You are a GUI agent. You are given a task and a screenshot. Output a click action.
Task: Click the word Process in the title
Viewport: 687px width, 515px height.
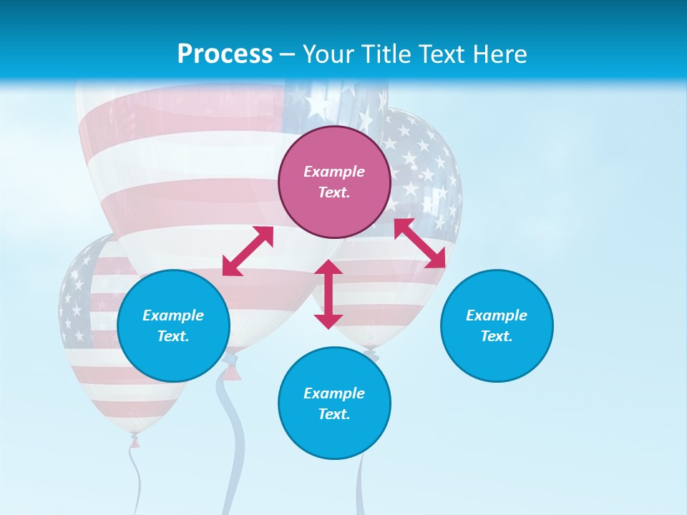[x=225, y=54]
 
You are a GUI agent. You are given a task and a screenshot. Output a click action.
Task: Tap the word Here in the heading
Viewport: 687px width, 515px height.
[x=500, y=54]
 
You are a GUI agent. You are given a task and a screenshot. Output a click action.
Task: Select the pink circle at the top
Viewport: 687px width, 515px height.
[x=334, y=182]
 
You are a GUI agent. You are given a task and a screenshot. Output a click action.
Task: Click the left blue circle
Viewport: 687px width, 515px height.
[x=173, y=325]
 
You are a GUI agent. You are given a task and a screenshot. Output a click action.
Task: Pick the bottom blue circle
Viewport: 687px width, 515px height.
[x=334, y=403]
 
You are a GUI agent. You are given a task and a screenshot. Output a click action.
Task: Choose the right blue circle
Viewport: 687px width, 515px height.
[x=497, y=325]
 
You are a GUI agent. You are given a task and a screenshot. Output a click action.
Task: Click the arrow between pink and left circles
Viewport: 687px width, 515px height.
[x=248, y=251]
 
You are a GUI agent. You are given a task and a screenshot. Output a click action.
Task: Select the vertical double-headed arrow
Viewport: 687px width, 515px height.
[x=328, y=294]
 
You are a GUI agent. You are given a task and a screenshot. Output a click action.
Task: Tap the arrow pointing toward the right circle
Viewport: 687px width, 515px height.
[x=420, y=243]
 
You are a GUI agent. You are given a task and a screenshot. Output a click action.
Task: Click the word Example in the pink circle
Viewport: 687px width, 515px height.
[x=334, y=172]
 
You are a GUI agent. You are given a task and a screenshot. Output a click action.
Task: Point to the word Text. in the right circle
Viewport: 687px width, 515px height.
[x=497, y=336]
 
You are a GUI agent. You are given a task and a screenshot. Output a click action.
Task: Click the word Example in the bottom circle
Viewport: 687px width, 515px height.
[x=334, y=393]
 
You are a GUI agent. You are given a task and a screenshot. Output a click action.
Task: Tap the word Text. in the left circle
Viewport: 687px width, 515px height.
[x=173, y=336]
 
